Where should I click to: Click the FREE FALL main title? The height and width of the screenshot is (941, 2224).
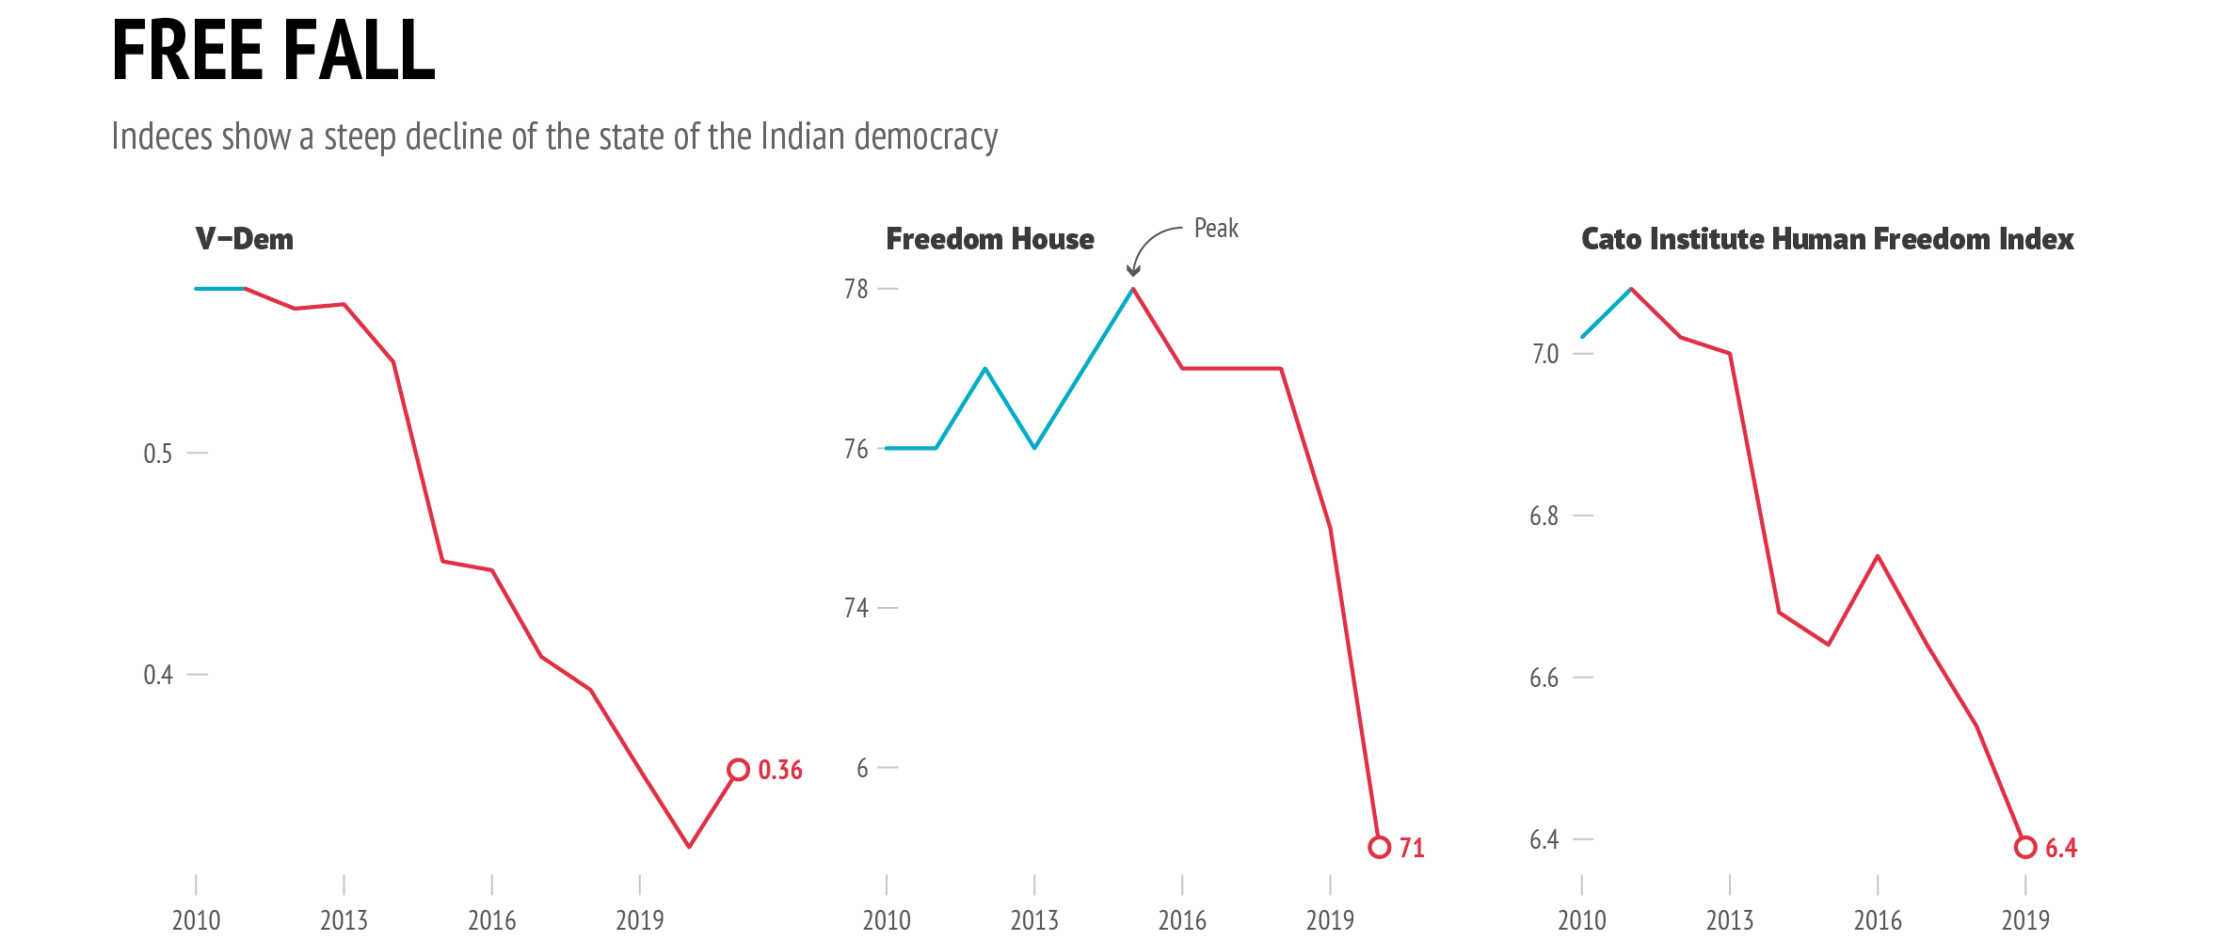point(273,51)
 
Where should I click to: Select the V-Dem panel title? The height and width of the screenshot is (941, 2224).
point(245,239)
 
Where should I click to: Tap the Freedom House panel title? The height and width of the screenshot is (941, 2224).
point(990,239)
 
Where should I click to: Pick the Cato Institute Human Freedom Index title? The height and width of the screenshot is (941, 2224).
point(1827,239)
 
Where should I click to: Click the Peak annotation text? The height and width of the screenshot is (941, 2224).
point(1216,229)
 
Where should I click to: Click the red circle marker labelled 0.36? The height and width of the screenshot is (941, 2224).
point(739,770)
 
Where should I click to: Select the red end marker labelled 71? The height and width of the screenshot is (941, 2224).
point(1379,847)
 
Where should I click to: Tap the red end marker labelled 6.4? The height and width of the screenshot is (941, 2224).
point(2025,847)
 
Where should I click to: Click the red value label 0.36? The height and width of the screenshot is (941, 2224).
point(780,770)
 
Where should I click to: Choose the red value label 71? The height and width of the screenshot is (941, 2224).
point(1412,848)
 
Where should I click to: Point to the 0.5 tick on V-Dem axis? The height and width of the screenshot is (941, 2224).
point(158,454)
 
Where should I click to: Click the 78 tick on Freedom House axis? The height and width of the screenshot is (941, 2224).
point(856,289)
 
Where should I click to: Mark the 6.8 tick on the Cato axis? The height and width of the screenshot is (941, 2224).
point(1544,516)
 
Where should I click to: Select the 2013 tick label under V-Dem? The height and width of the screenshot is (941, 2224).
point(344,919)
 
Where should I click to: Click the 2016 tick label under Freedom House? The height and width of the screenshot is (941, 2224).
point(1182,919)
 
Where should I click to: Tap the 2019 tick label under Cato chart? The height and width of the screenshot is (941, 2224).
point(2025,919)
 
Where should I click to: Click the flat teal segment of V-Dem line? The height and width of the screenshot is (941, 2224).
point(220,289)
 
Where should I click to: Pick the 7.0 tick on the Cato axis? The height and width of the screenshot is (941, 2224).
point(1545,354)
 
